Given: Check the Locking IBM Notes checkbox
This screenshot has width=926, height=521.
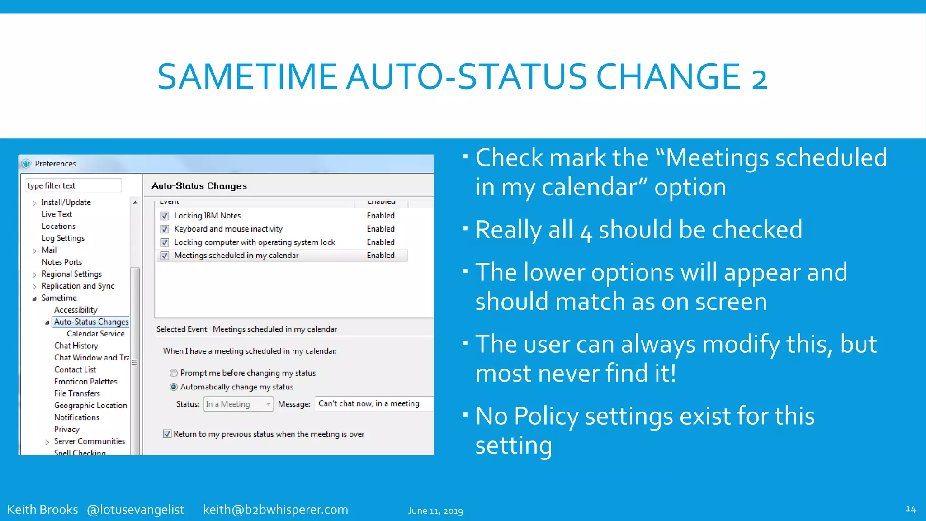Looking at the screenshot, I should click(x=165, y=216).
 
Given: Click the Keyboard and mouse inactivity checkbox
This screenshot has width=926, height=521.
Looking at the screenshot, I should click(x=165, y=229).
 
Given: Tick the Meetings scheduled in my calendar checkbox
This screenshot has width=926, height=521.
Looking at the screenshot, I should click(x=165, y=256).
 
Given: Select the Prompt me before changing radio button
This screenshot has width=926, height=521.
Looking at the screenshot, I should click(x=174, y=373).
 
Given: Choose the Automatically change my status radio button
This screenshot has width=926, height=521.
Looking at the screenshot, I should click(x=174, y=387).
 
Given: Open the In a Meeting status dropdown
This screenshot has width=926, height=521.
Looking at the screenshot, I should click(x=239, y=404).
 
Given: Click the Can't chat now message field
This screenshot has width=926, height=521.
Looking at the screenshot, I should click(x=373, y=404).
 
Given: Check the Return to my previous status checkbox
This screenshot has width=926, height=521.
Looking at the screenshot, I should click(x=167, y=434).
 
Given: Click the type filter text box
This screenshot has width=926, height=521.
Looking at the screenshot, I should click(x=73, y=186).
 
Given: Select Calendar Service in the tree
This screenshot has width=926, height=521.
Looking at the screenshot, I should click(x=95, y=334).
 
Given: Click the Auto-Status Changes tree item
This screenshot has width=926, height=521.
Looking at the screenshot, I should click(x=91, y=322).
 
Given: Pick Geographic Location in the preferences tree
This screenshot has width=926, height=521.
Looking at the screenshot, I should click(x=90, y=406).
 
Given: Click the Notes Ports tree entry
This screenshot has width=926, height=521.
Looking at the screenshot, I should click(x=61, y=262).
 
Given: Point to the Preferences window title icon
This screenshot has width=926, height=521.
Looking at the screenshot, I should click(x=26, y=164).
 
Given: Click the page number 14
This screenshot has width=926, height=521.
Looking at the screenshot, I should click(x=910, y=509).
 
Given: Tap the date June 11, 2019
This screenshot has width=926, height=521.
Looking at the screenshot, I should click(x=435, y=511).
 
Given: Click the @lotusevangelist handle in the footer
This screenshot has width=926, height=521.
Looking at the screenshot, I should click(x=135, y=510).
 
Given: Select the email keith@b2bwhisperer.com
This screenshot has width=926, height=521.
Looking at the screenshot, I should click(x=275, y=510).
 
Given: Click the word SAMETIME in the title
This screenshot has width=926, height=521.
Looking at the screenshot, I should click(x=247, y=77).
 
